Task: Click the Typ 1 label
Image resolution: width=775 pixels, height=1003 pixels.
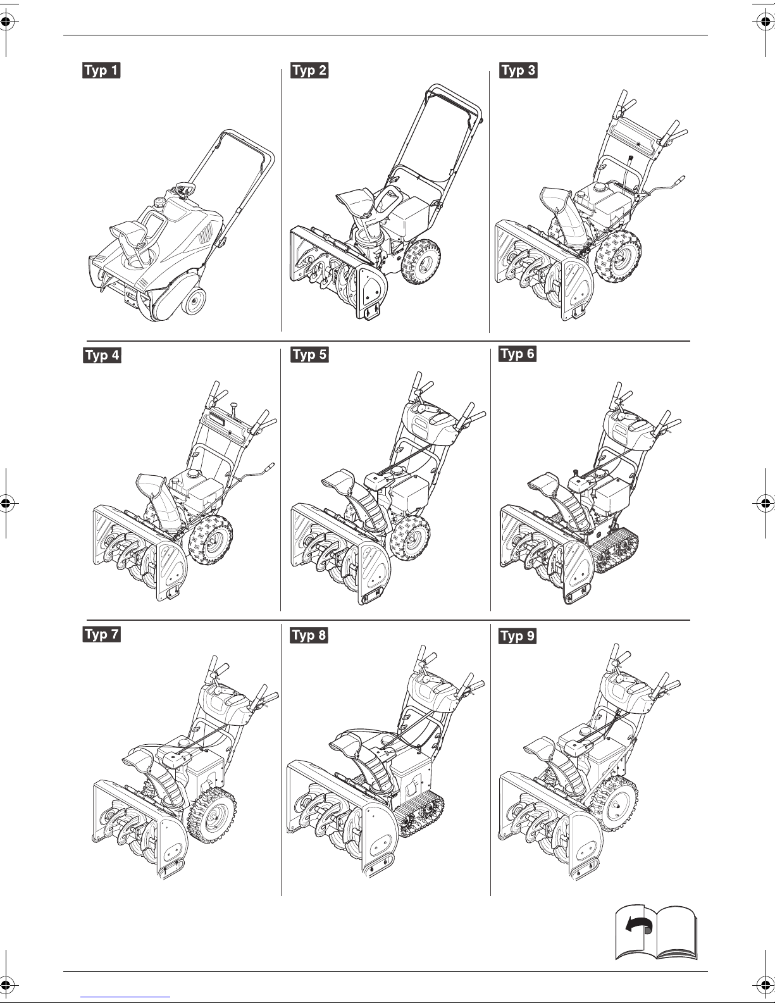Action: [x=101, y=70]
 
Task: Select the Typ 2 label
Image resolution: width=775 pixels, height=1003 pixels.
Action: [x=309, y=70]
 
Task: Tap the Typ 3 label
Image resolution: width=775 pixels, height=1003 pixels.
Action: [x=518, y=70]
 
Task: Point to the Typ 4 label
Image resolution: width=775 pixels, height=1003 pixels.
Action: [x=101, y=355]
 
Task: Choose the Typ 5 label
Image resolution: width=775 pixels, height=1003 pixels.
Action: [x=309, y=354]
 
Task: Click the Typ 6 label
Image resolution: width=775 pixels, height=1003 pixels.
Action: [x=518, y=353]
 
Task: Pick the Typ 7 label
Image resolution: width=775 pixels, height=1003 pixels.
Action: [x=101, y=634]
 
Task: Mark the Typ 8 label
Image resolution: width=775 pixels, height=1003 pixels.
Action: [x=309, y=635]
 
